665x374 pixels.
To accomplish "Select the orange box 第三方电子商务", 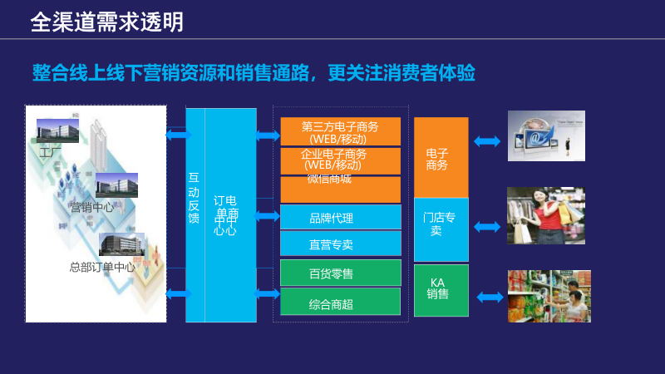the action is [340, 131].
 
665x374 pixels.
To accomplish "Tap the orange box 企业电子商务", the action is [340, 159].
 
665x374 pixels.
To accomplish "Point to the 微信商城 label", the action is [329, 179].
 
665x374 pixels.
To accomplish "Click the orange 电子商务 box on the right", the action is [441, 158].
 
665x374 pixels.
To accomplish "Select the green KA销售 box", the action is [441, 289].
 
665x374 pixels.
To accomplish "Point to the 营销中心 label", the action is [91, 207].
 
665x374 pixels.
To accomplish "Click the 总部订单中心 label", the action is [101, 268].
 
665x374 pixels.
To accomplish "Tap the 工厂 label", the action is [51, 152].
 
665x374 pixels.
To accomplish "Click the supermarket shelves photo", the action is [549, 296].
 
